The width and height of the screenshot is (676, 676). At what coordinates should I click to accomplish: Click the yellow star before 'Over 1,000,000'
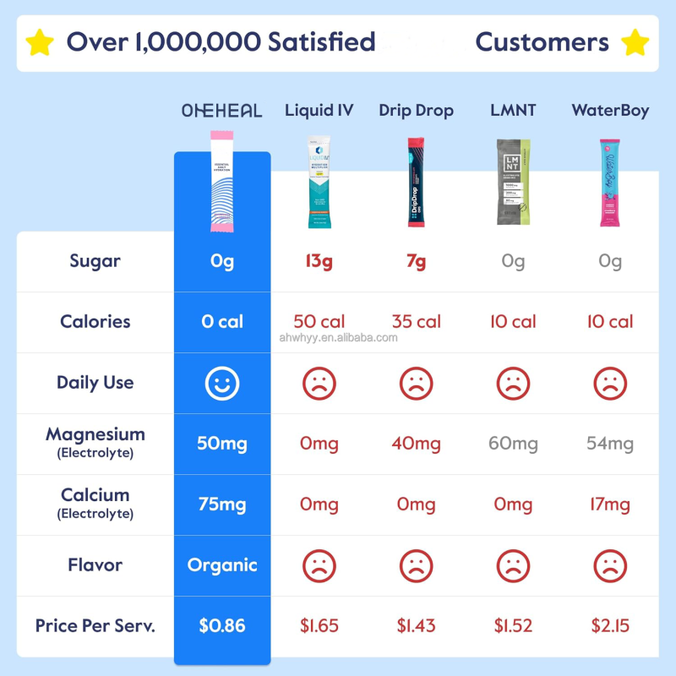click(40, 41)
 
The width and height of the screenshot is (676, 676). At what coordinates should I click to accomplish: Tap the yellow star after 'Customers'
click(635, 41)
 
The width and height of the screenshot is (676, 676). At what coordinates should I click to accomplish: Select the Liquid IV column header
click(319, 111)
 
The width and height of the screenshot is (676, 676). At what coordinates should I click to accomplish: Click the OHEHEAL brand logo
click(222, 111)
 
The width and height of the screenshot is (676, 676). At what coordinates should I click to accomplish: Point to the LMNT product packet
click(513, 183)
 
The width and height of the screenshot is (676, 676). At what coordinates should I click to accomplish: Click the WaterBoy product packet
click(609, 183)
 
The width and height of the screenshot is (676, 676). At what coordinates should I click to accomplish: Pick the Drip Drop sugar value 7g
click(416, 261)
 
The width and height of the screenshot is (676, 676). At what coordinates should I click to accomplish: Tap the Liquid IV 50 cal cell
click(319, 322)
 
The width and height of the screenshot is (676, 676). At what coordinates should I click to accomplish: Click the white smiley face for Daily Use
click(222, 384)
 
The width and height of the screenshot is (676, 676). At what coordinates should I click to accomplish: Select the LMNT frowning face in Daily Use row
click(513, 384)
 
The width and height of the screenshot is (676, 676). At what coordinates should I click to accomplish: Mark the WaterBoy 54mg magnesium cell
click(609, 444)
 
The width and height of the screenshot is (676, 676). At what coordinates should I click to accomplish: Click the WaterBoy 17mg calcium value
click(609, 504)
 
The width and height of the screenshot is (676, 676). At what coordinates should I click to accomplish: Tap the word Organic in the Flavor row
click(222, 565)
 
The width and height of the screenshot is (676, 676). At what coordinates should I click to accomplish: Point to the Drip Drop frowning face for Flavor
click(416, 565)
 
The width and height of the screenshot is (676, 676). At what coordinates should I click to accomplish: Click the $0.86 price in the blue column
click(222, 626)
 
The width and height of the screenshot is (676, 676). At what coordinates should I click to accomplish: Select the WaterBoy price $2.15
click(609, 626)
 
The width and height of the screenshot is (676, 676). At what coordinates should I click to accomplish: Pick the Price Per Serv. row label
click(95, 626)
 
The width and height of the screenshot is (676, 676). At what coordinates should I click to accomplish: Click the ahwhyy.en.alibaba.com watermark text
click(338, 338)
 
